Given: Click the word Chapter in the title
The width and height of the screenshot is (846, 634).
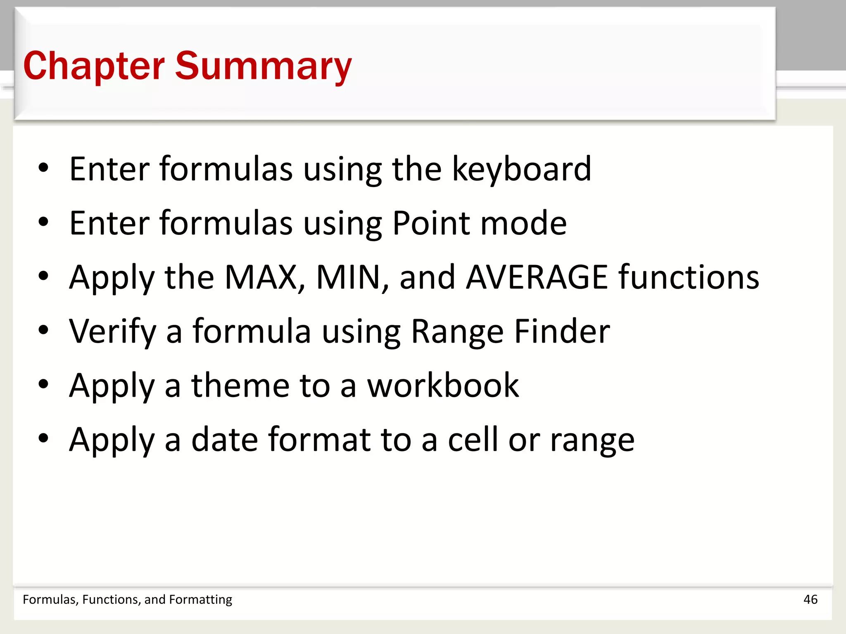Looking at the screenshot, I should (x=94, y=66).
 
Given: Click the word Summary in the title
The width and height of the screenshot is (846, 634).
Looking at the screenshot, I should (x=263, y=66).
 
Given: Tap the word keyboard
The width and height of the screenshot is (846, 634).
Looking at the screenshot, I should (x=521, y=169).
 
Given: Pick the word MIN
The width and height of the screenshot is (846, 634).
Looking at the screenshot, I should (x=352, y=277).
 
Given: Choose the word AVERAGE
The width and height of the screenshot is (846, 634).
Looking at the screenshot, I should (x=537, y=277).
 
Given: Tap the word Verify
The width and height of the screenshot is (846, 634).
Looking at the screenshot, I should (x=112, y=331).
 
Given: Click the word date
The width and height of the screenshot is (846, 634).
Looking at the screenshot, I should (x=224, y=440).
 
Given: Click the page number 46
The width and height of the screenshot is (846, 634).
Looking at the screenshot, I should (x=810, y=599).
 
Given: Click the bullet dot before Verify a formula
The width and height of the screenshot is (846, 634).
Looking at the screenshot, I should (x=43, y=330).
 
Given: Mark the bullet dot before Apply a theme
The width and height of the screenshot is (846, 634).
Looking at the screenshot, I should (x=43, y=384).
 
